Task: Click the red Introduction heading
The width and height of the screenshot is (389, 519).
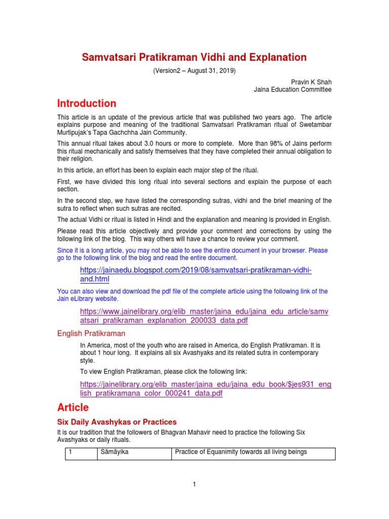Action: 87,103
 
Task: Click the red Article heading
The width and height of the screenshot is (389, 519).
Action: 72,407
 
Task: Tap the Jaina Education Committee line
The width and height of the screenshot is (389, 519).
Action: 292,90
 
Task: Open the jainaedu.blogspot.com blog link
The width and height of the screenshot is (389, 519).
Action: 196,275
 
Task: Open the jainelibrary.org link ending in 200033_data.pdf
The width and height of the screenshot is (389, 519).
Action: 204,316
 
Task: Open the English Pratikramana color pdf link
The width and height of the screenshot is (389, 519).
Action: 206,389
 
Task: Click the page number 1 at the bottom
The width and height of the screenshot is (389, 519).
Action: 194,485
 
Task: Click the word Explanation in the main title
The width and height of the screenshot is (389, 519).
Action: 276,57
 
